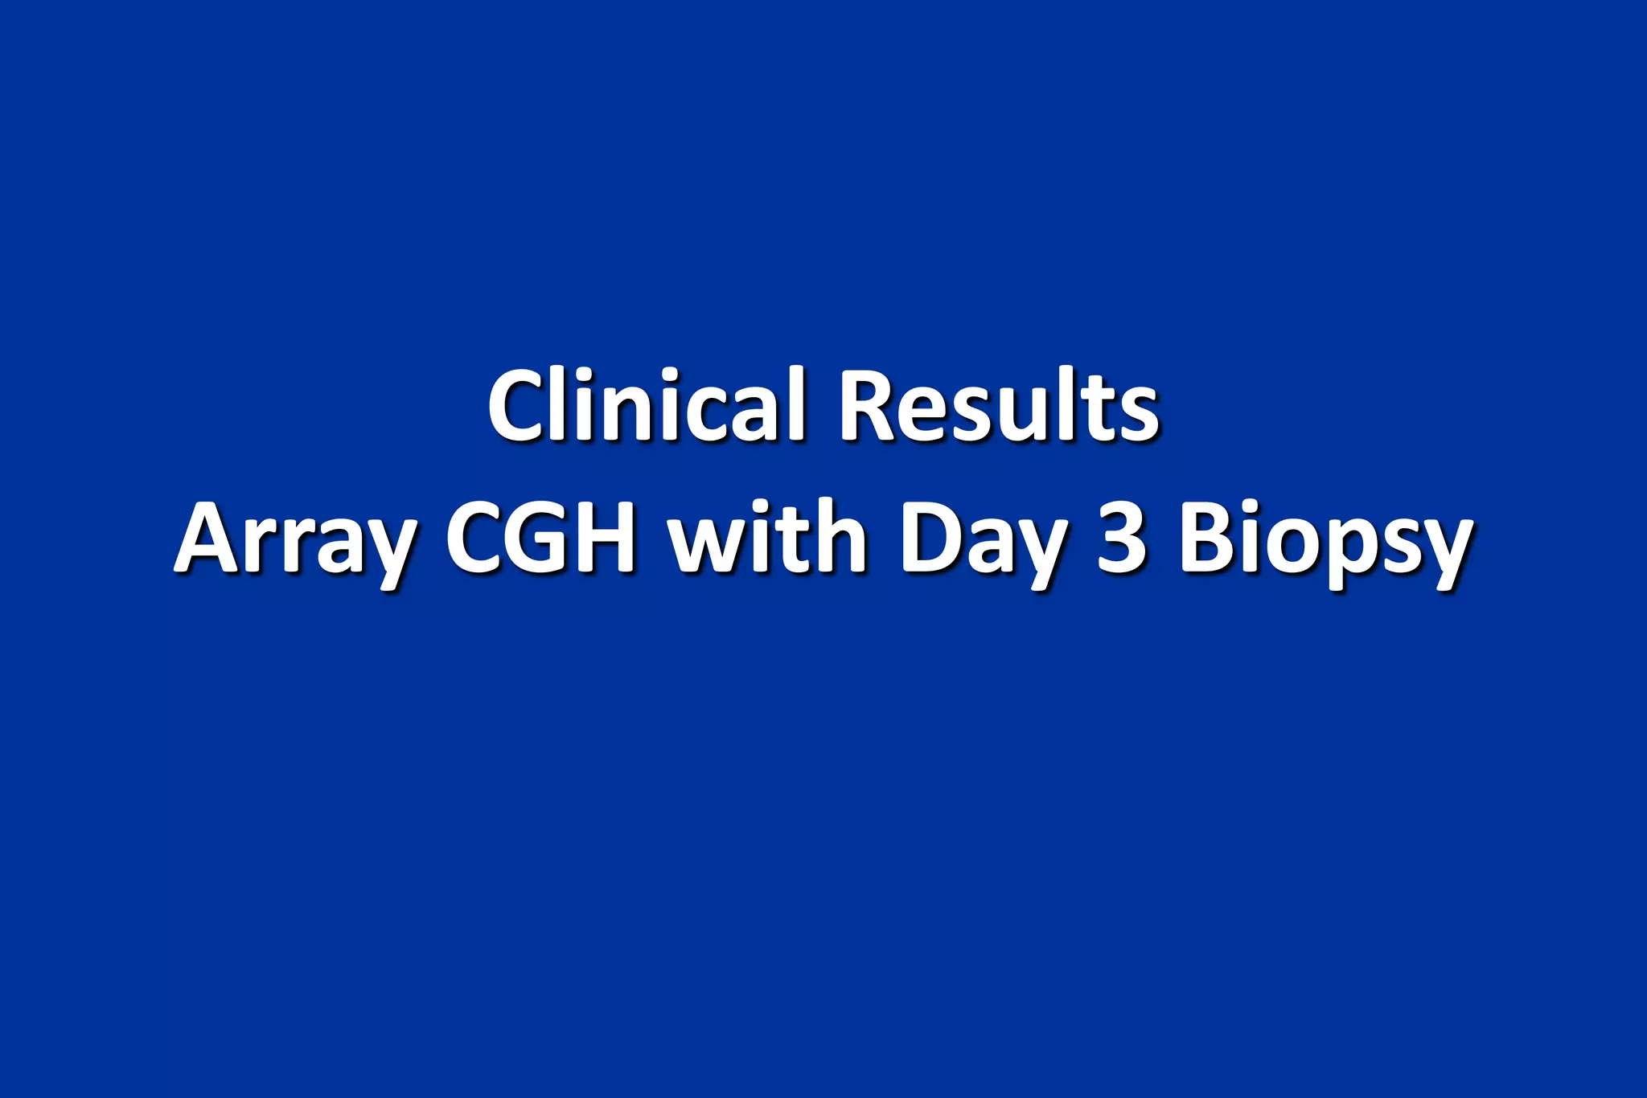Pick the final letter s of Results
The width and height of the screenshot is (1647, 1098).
point(1139,414)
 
